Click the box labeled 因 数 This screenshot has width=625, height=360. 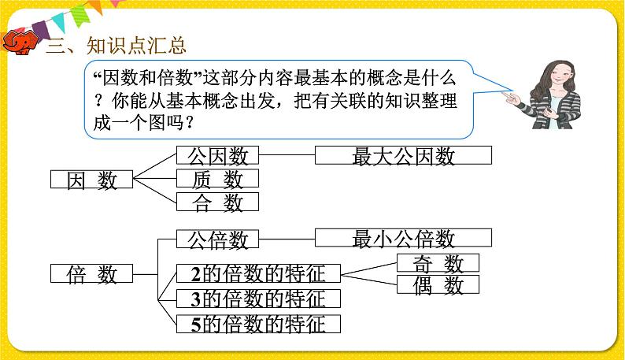pos(92,180)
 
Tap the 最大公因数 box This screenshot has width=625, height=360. pos(403,154)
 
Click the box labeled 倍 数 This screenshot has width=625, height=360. pos(92,274)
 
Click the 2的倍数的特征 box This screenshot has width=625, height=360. pos(257,273)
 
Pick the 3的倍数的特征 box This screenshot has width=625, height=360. pos(257,299)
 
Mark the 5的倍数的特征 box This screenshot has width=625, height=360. pos(257,323)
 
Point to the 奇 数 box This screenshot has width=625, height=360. pos(438,263)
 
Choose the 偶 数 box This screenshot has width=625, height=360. pos(438,285)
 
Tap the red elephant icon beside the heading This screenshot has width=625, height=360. pos(19,43)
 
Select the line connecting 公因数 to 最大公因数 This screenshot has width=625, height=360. pos(287,154)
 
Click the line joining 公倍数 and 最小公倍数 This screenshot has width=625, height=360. pos(287,238)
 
